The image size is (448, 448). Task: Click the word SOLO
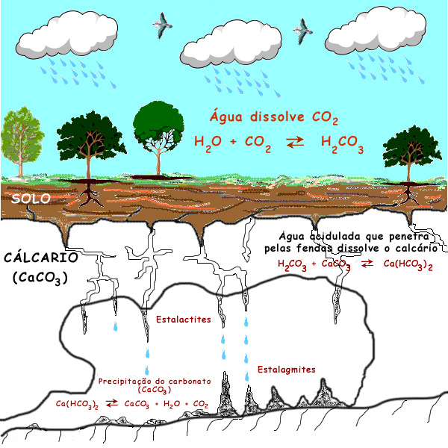31,199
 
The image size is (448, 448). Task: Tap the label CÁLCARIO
41,258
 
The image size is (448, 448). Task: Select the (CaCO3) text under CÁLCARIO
41,279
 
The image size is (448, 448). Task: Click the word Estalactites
183,320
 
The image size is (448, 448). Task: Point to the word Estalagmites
287,370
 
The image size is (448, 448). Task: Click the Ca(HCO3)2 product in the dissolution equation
408,264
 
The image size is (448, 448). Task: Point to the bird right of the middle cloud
302,29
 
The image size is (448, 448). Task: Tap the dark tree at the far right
410,149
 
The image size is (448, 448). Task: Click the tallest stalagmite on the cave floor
228,391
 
